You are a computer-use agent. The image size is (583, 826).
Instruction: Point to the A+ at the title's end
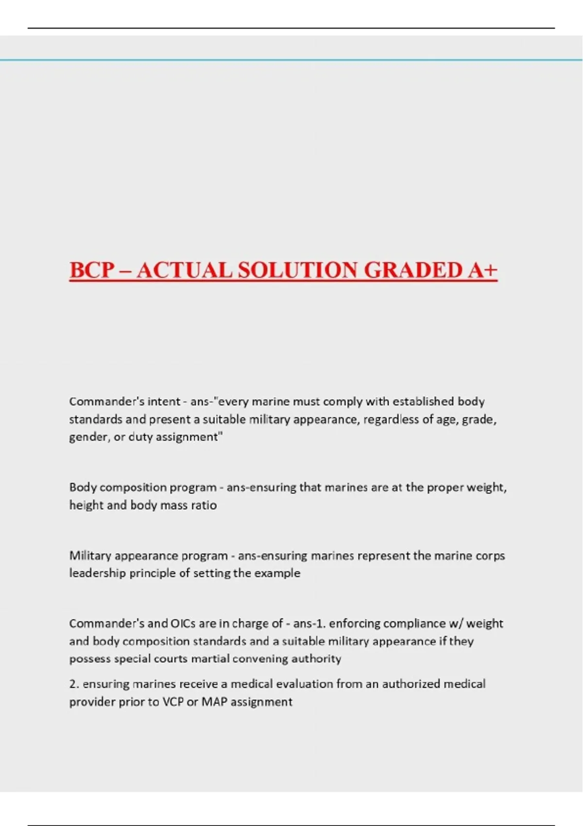482,270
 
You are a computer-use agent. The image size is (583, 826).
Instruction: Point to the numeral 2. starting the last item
74,684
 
